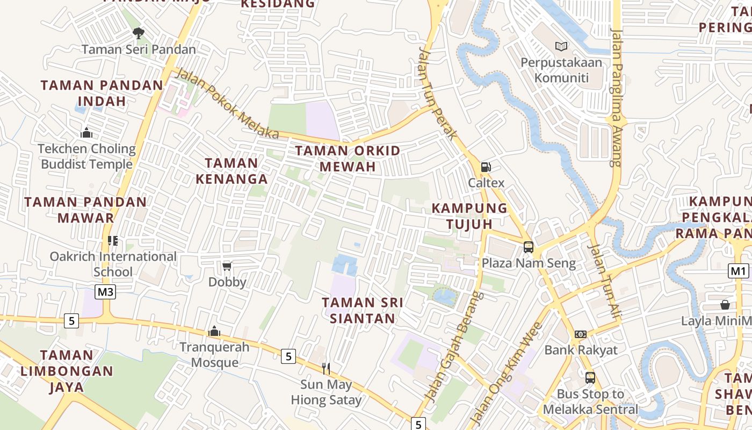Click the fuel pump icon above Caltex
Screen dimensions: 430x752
486,167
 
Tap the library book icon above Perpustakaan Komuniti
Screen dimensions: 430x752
561,47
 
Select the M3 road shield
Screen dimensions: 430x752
105,292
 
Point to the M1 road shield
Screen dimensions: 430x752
739,271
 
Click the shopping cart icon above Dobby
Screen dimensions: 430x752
227,266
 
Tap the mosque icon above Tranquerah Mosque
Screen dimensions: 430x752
214,331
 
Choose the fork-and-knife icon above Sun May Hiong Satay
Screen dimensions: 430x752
326,368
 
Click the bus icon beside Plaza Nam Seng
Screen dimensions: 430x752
529,247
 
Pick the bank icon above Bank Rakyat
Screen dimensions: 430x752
581,334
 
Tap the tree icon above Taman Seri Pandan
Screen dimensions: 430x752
139,33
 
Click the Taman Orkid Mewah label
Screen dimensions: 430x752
348,159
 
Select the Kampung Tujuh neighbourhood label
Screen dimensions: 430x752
469,216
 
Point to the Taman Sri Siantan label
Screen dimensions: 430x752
363,310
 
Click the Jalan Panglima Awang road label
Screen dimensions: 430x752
617,97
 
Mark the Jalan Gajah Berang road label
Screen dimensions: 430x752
453,347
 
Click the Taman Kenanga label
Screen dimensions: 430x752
232,170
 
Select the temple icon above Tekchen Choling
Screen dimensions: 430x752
86,133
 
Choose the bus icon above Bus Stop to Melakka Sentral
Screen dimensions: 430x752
590,378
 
